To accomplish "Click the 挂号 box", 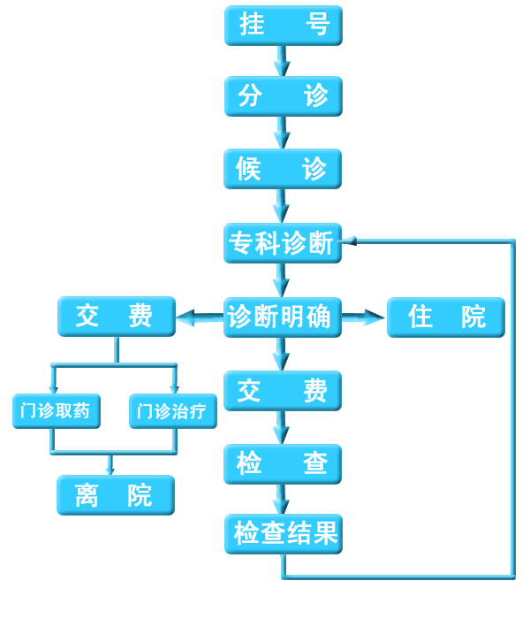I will (283, 26).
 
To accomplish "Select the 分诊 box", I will (283, 96).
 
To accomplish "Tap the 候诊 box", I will (283, 169).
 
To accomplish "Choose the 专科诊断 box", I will (283, 243).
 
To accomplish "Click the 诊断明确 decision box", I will (283, 317).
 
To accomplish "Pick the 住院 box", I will (446, 317).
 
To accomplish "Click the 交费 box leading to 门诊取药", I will (117, 317).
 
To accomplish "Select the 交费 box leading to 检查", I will (283, 391).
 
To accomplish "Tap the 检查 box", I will (283, 463).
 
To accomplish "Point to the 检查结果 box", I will (283, 534).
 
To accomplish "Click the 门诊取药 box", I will (57, 411).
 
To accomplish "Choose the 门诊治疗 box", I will (173, 411).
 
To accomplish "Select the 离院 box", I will (115, 495).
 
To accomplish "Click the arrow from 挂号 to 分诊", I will (282, 61).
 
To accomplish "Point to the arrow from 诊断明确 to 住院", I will (364, 317).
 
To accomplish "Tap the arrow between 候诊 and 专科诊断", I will (282, 205).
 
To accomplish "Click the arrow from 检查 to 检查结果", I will (282, 499).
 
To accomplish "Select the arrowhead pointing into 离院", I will (110, 470).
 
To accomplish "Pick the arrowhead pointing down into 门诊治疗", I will (174, 388).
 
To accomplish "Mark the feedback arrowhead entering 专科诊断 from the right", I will (349, 240).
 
